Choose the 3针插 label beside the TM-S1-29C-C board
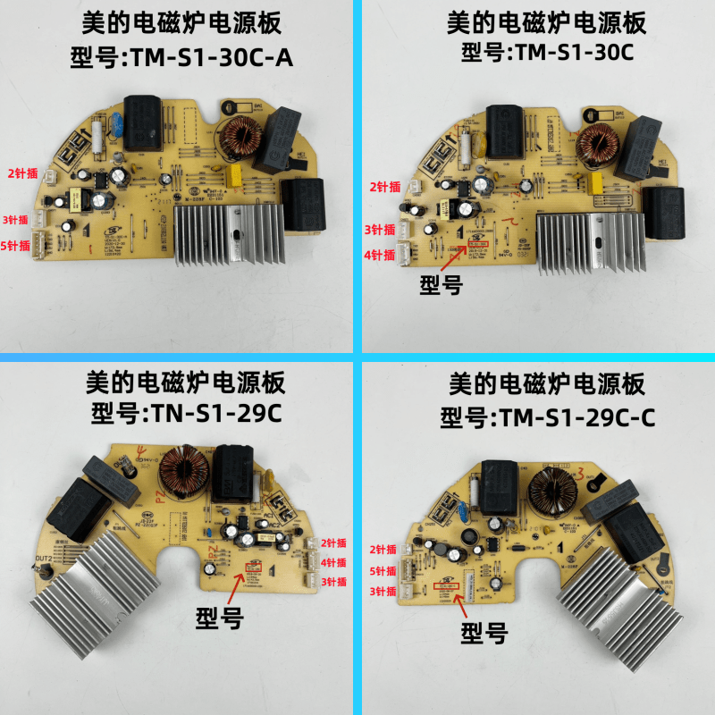tap(382, 591)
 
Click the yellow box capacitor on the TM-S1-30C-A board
tap(236, 172)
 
